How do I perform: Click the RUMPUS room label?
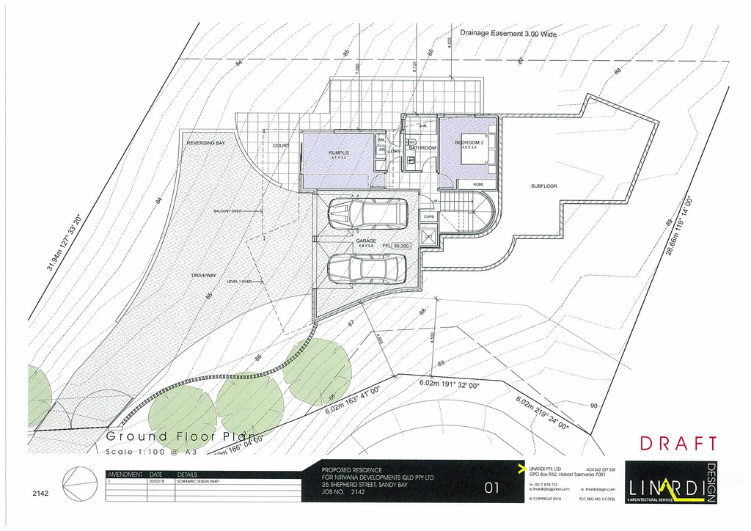(338, 153)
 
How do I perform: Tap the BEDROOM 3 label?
(469, 142)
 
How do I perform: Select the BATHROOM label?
(422, 148)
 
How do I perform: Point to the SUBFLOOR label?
(543, 186)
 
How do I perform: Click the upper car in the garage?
(367, 213)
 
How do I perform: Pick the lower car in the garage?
(367, 268)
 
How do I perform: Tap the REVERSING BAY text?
(205, 143)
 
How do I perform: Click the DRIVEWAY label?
(204, 275)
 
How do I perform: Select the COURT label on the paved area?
(281, 146)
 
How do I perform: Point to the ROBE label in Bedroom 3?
(478, 184)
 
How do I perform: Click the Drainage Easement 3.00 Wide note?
(509, 34)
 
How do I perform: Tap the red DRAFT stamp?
(678, 444)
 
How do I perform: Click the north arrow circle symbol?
(78, 486)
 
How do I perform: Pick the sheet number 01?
(494, 488)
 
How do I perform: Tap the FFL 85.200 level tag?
(397, 246)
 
